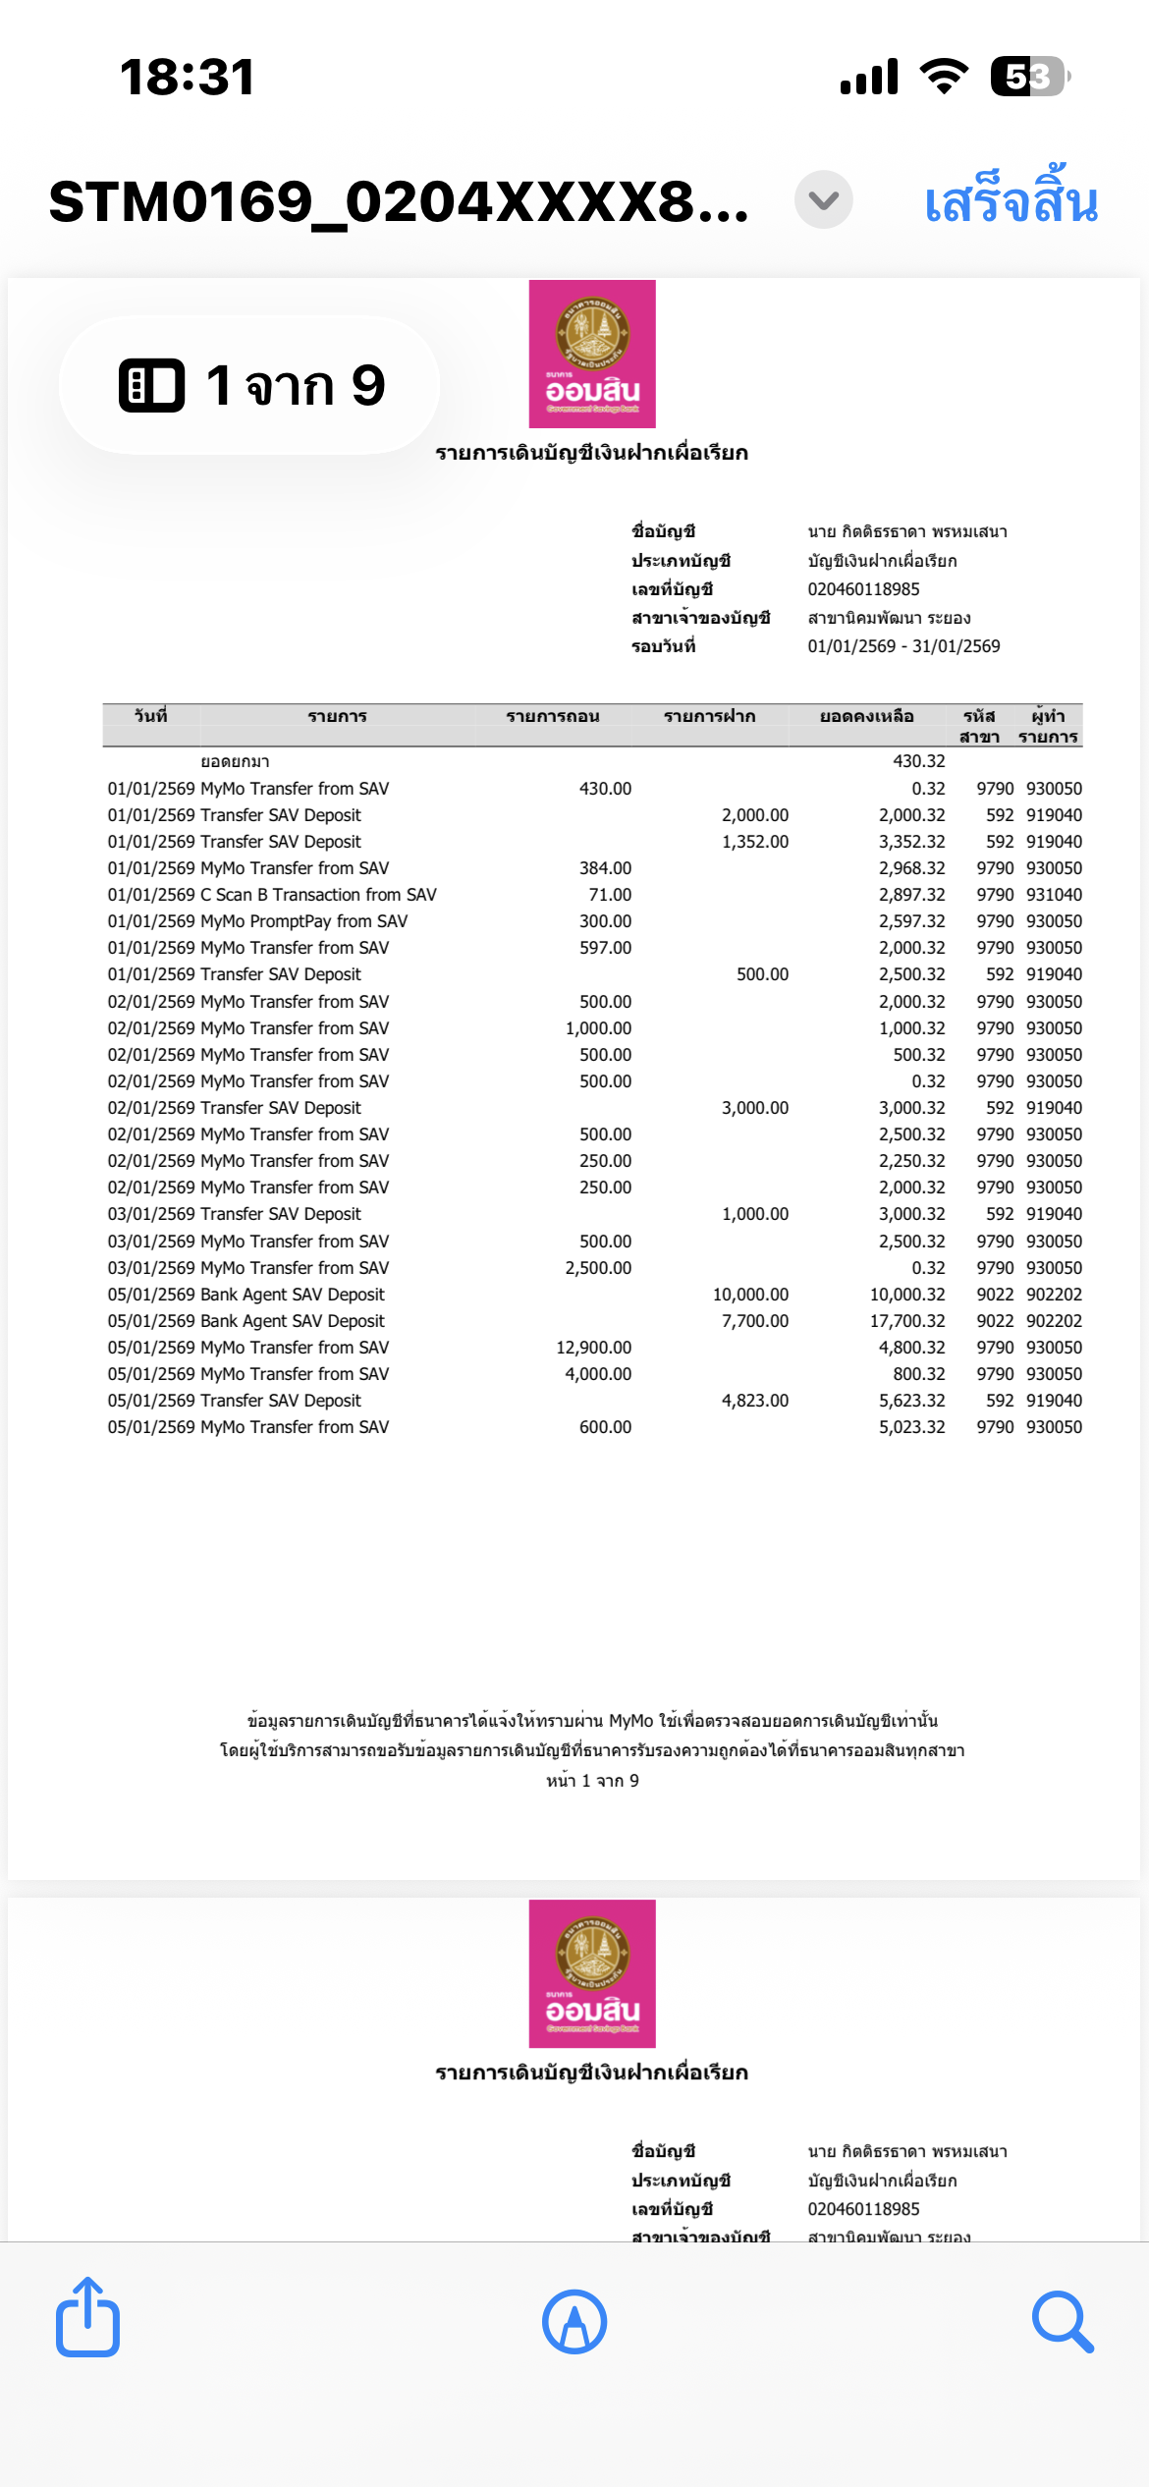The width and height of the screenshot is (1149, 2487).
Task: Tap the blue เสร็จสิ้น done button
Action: point(1011,201)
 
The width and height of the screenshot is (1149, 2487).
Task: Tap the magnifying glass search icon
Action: point(1062,2322)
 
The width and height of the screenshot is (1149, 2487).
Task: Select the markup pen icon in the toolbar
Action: point(574,2322)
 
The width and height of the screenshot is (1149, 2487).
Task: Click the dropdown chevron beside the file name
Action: point(823,200)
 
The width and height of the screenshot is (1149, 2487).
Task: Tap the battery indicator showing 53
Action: point(1028,77)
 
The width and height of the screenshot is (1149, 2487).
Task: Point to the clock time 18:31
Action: point(187,78)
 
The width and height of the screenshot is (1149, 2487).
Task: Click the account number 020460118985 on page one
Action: point(863,589)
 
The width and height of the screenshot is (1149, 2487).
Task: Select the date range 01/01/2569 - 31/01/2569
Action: point(903,646)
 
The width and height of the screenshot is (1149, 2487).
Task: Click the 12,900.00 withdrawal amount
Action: point(593,1348)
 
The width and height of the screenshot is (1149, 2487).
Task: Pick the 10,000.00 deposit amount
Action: point(750,1295)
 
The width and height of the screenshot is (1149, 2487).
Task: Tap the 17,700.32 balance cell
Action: point(906,1321)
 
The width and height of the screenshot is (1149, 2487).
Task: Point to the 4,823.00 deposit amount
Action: point(754,1401)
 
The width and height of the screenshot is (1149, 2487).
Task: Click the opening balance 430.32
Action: point(918,761)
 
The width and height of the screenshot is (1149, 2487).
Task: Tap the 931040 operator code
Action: point(1054,895)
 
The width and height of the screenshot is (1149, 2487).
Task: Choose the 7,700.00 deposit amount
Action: point(754,1321)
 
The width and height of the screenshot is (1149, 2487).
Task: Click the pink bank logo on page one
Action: point(592,354)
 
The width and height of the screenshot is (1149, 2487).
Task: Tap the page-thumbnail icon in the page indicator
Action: point(151,385)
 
